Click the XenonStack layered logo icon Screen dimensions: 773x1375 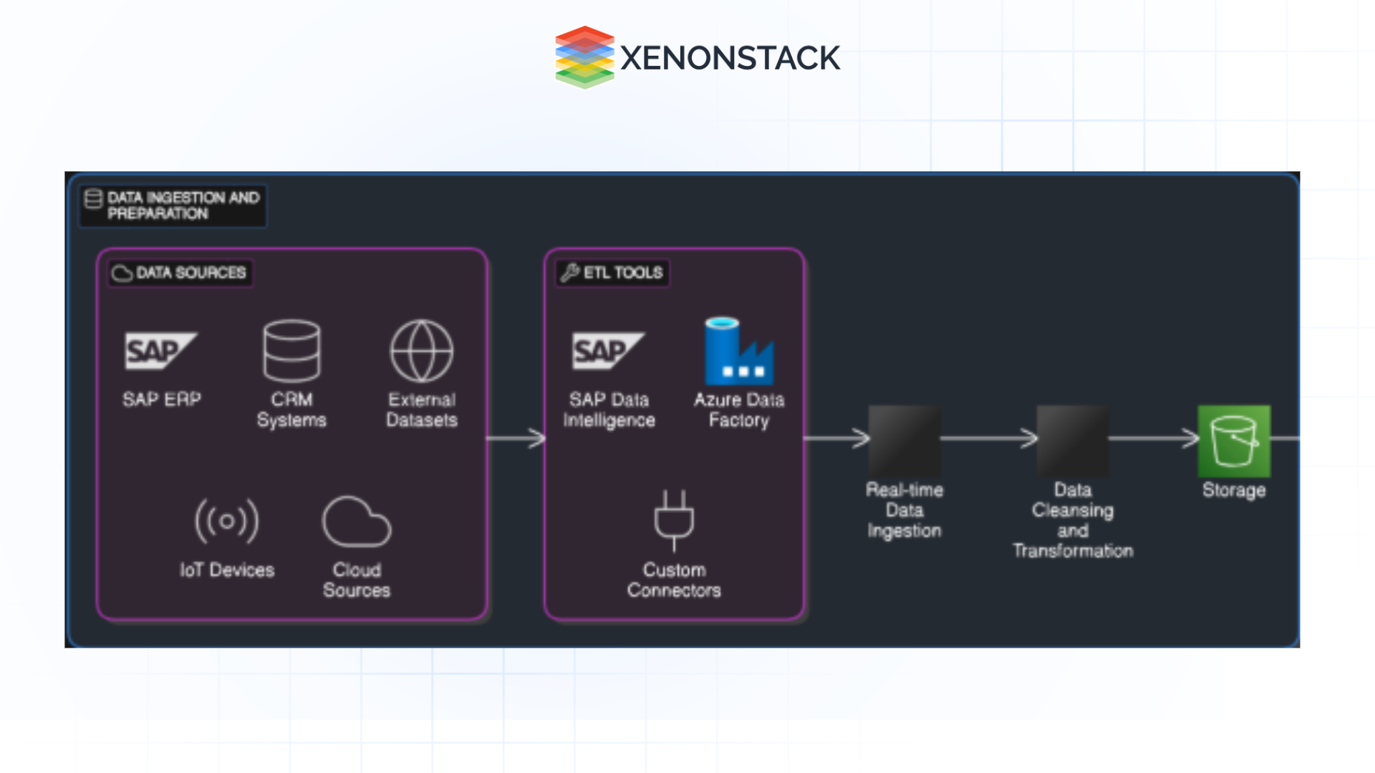point(584,57)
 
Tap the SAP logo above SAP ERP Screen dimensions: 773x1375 point(160,351)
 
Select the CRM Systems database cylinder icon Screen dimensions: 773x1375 point(291,351)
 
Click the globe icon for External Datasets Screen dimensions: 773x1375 point(421,351)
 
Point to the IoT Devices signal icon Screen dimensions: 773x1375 point(226,521)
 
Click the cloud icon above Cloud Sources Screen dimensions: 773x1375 point(356,522)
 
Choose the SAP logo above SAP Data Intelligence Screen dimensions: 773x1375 point(608,351)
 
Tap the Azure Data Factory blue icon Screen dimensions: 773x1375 point(739,352)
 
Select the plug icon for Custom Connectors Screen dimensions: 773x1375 point(674,520)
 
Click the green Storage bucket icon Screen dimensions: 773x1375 point(1234,441)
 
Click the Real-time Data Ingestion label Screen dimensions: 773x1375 point(904,510)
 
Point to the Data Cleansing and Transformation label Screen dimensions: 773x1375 point(1072,520)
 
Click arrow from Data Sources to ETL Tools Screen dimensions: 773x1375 point(516,438)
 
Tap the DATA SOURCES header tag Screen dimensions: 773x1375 point(180,273)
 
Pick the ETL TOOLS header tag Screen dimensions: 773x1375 point(613,273)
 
